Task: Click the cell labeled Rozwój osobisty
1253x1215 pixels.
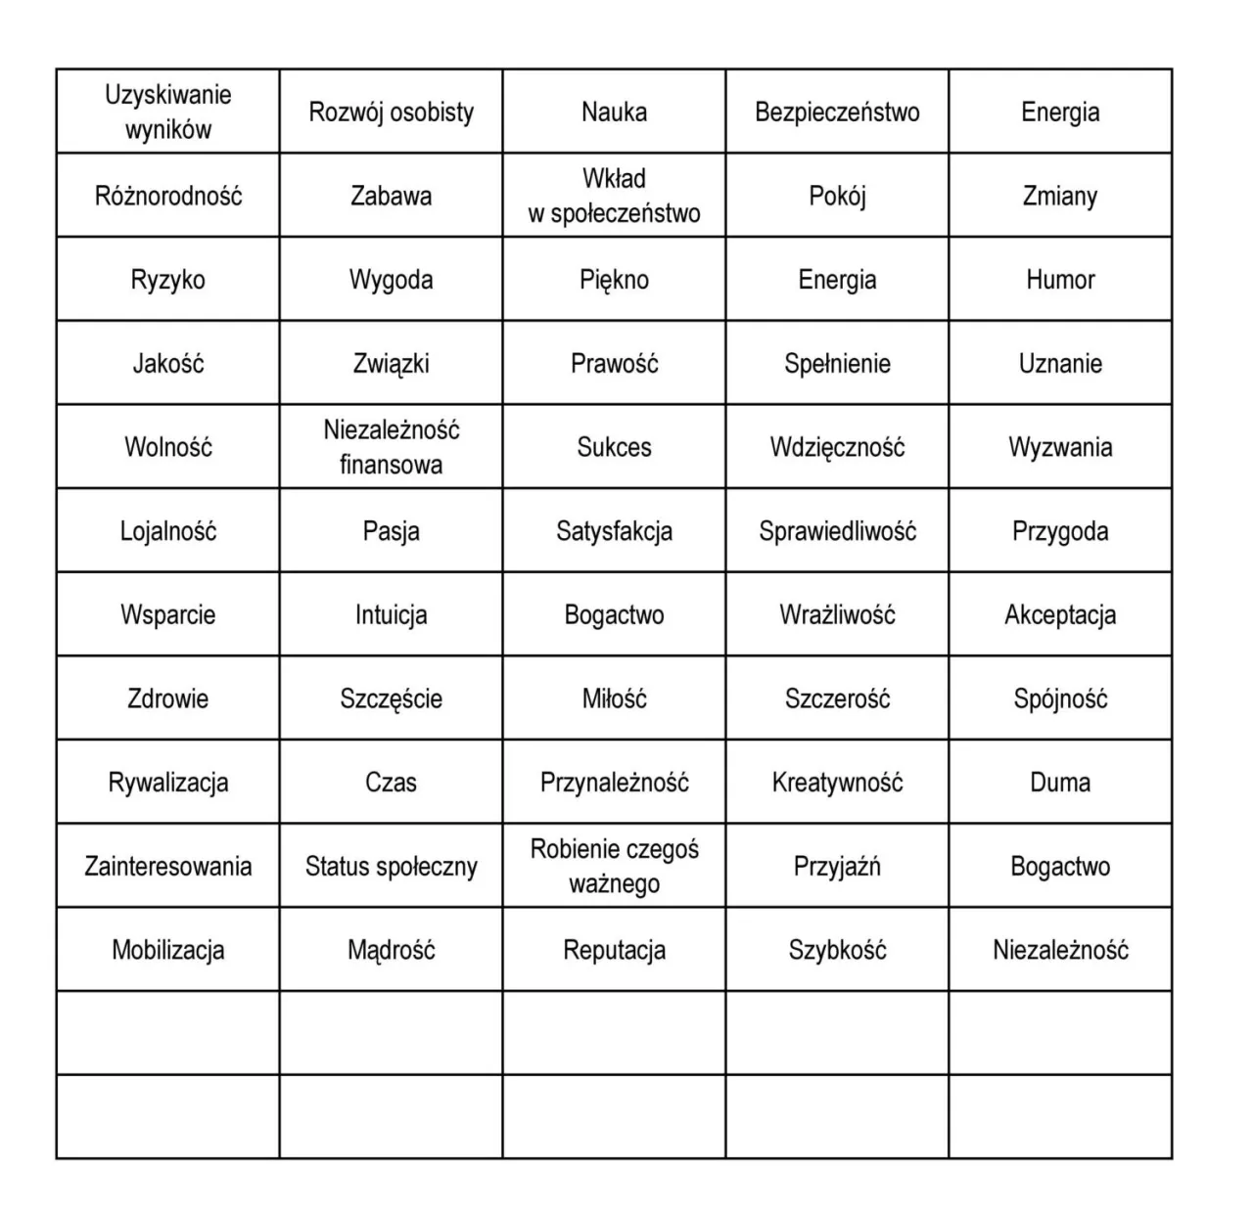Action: pos(391,112)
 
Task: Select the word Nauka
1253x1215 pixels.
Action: pos(614,112)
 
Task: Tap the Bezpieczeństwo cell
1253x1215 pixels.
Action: pos(837,112)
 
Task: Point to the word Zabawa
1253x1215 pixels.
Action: pos(391,196)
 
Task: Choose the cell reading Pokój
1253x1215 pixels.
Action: pos(837,196)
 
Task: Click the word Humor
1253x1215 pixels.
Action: pos(1060,280)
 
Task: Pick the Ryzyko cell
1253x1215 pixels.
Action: pos(167,280)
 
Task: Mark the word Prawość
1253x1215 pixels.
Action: pos(614,364)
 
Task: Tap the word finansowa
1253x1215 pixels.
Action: pos(391,465)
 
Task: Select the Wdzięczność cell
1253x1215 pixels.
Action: pos(837,447)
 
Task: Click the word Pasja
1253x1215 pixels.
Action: pos(391,531)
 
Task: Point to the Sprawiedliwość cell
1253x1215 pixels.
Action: pos(837,531)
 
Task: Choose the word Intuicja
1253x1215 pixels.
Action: pos(391,615)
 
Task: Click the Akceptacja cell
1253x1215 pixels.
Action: pos(1060,615)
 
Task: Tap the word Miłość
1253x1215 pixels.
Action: pos(614,698)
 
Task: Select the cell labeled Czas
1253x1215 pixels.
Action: pos(391,783)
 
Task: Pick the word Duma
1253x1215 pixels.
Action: pos(1060,783)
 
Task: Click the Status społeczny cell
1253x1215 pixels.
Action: pos(391,867)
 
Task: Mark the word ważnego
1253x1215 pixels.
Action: pos(614,884)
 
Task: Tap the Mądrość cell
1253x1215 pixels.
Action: pos(391,950)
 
